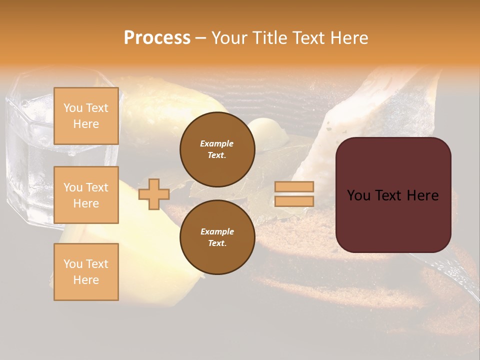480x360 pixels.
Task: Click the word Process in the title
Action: click(157, 38)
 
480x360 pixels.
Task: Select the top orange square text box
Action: click(86, 116)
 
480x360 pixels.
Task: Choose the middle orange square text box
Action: click(86, 195)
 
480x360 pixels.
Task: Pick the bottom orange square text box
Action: click(86, 271)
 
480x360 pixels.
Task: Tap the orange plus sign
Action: click(154, 194)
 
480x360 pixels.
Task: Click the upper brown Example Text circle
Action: click(217, 149)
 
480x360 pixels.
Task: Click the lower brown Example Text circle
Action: click(217, 237)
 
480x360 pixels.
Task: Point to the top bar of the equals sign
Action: click(294, 186)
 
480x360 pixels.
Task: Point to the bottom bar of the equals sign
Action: click(294, 201)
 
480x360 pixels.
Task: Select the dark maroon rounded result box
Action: click(393, 194)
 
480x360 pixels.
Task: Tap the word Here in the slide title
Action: click(349, 38)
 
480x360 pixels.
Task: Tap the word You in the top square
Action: click(72, 108)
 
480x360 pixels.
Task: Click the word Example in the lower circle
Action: click(217, 231)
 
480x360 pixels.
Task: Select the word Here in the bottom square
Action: click(86, 280)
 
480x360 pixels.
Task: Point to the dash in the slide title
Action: click(200, 38)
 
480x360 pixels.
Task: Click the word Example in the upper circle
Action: click(217, 143)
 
